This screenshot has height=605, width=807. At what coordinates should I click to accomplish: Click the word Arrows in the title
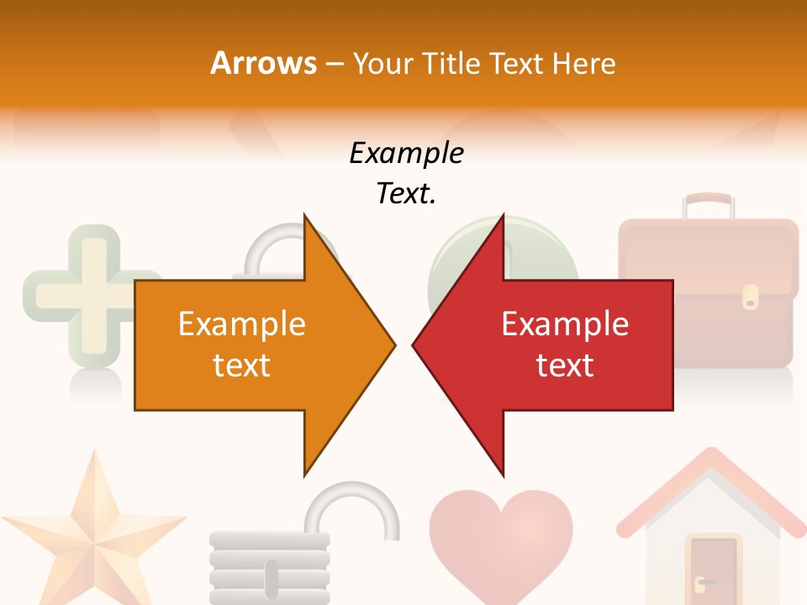point(263,63)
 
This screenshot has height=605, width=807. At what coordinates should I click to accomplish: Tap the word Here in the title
point(583,64)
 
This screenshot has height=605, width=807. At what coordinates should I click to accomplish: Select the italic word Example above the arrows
point(406,154)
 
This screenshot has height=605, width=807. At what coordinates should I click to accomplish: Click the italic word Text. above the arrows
point(406,194)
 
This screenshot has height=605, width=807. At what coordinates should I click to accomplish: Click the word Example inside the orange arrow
point(242,324)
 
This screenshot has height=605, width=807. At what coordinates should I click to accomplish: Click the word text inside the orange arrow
point(242,366)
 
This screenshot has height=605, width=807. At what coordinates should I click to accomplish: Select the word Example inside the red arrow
point(565,324)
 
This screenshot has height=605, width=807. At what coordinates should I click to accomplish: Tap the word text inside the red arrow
point(565,366)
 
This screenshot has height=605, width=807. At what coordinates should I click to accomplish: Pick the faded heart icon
point(501,538)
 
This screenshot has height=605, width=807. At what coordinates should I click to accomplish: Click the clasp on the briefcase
point(750,296)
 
